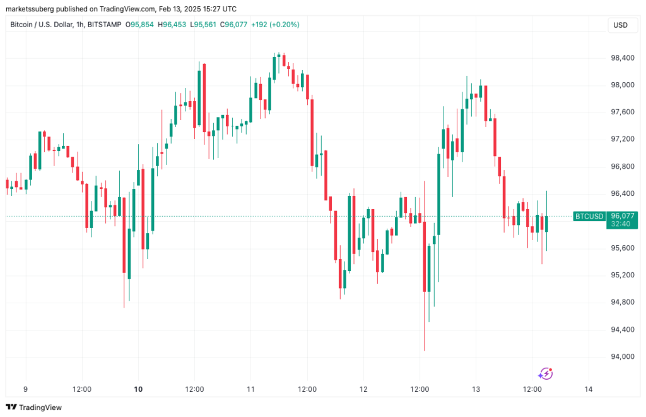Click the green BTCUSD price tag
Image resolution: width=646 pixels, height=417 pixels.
point(589,216)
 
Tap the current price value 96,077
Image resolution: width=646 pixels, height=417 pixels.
point(621,215)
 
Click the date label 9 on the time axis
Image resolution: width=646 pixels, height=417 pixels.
point(25,389)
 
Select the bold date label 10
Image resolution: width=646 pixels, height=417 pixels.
point(139,389)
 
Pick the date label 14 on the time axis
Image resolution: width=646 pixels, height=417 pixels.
point(588,389)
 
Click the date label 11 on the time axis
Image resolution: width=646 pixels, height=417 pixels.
point(250,389)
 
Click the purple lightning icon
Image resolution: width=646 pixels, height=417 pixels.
point(546,373)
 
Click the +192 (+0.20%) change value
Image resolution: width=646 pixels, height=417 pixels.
point(275,25)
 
